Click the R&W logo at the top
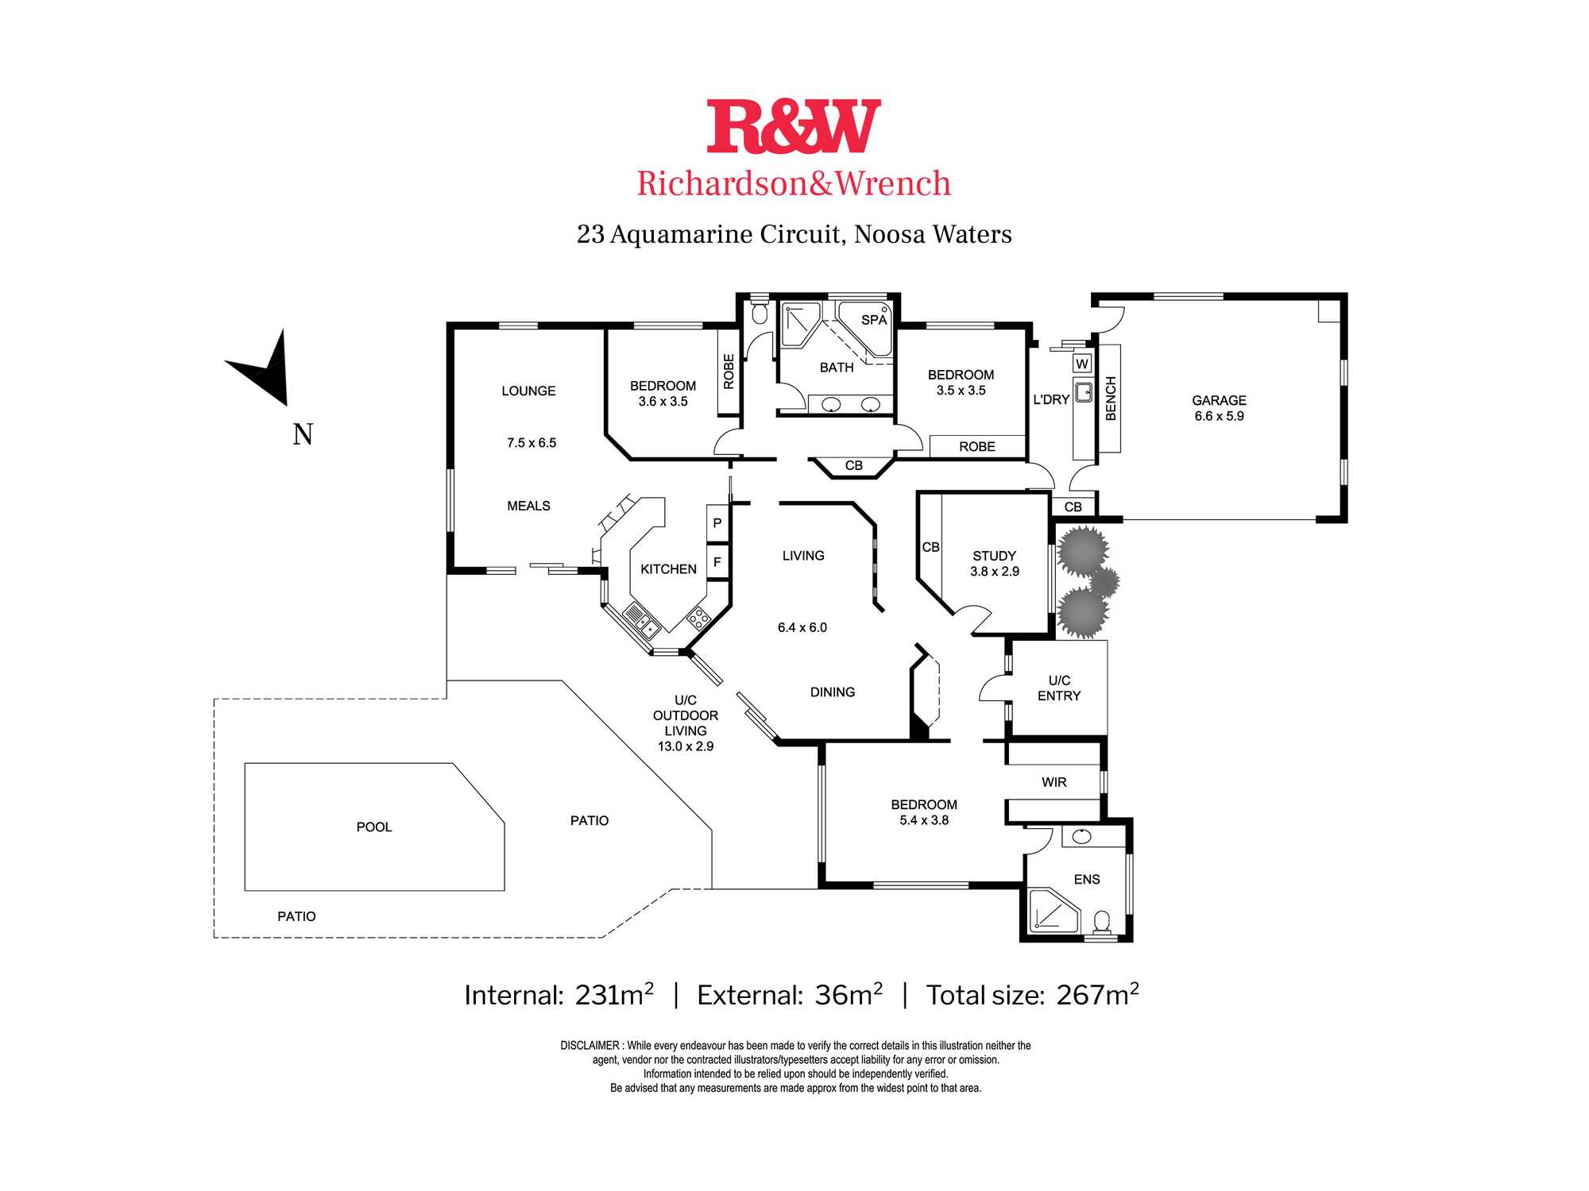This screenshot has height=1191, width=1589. click(794, 126)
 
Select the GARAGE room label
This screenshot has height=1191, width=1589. click(1219, 400)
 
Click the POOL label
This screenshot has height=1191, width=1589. click(374, 827)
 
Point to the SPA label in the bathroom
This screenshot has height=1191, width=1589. click(874, 320)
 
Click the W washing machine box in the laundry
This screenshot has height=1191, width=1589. click(1082, 364)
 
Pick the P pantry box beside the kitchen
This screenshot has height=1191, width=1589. click(717, 523)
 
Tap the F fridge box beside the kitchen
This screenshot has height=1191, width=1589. click(717, 562)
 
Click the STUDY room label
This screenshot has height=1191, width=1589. click(994, 556)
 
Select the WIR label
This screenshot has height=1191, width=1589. click(1054, 782)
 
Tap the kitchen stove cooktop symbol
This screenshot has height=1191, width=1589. click(698, 618)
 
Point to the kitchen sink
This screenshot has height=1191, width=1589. click(642, 621)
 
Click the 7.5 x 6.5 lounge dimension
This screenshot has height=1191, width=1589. click(532, 443)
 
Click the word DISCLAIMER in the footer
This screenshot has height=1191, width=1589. click(590, 1046)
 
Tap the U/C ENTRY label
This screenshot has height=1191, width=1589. click(1059, 688)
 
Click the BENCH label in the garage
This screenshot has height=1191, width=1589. click(1111, 399)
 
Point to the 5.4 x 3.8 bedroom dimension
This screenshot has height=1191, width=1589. click(924, 820)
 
